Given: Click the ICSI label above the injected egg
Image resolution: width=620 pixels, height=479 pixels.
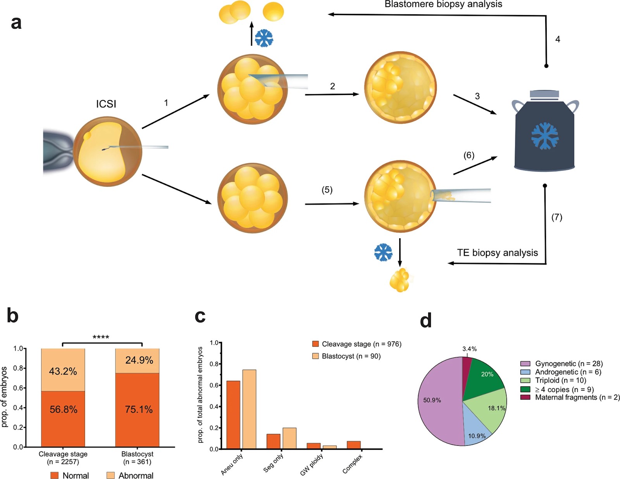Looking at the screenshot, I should (106, 104).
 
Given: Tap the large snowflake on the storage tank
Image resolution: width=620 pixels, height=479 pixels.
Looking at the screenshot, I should (545, 136).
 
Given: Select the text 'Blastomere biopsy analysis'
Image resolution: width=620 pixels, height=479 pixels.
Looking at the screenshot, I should (443, 4).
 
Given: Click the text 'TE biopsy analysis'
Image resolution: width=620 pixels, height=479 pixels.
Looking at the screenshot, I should (497, 253).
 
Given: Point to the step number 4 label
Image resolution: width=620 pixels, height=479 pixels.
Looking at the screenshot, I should (558, 39).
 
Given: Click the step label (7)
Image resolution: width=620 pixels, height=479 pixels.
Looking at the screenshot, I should (557, 217).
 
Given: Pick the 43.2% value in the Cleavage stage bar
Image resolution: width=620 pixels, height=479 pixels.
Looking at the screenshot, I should (63, 371).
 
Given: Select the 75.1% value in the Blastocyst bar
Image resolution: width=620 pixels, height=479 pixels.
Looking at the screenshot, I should (139, 409).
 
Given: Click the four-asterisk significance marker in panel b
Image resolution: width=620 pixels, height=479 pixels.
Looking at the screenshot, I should (101, 337).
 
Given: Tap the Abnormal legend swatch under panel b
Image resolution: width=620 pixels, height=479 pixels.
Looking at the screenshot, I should (110, 475).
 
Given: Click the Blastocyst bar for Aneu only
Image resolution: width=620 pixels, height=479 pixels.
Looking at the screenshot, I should (249, 409).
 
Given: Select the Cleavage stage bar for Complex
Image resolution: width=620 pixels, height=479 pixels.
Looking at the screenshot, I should (354, 445).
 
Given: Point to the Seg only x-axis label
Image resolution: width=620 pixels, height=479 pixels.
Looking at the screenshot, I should (274, 463).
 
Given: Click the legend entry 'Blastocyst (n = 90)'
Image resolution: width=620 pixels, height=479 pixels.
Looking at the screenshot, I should (351, 356).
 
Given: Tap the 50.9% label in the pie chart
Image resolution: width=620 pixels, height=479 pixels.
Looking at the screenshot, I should (432, 400).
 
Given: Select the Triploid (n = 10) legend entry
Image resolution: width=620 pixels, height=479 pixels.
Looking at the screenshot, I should (560, 380).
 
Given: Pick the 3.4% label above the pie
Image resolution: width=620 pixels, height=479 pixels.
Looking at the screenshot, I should (469, 349).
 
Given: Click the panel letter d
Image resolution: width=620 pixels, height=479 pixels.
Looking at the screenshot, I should (426, 321).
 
